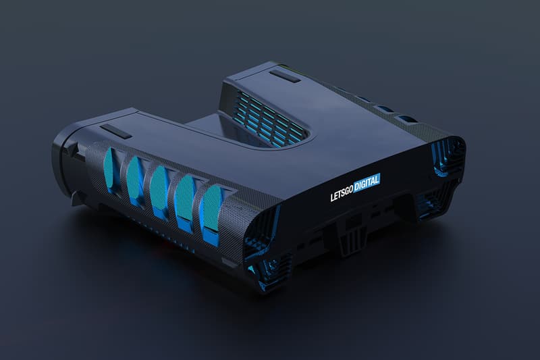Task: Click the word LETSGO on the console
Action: (342, 194)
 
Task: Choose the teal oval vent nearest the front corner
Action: (211, 208)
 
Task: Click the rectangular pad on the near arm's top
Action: (115, 131)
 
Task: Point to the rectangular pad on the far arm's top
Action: (284, 76)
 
